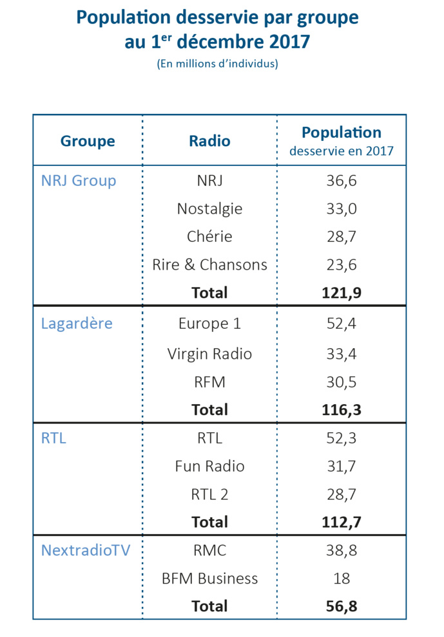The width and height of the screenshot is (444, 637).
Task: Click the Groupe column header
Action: pyautogui.click(x=88, y=141)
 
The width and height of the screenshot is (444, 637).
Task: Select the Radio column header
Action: pyautogui.click(x=209, y=141)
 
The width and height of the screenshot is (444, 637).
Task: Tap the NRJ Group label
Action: pyautogui.click(x=79, y=181)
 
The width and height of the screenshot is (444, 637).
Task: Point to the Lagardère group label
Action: pyautogui.click(x=77, y=324)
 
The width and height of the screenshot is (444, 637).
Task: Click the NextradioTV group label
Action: pyautogui.click(x=86, y=550)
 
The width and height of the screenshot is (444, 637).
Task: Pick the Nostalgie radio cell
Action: pyautogui.click(x=209, y=208)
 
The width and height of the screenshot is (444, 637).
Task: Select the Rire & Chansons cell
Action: pyautogui.click(x=209, y=264)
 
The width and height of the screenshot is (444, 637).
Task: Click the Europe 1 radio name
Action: pyautogui.click(x=209, y=324)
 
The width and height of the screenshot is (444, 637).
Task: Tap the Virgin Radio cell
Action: pyautogui.click(x=209, y=354)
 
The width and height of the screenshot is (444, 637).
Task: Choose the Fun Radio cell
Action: pyautogui.click(x=209, y=466)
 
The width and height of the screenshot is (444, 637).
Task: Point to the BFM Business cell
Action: pyautogui.click(x=209, y=578)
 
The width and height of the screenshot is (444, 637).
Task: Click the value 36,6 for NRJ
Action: pyautogui.click(x=342, y=181)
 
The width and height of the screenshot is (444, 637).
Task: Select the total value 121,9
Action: pyautogui.click(x=342, y=293)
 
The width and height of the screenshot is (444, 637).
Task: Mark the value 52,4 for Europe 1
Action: pyautogui.click(x=342, y=324)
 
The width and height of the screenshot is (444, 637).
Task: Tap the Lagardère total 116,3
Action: pyautogui.click(x=342, y=410)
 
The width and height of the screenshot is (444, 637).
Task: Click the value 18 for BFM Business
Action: pyautogui.click(x=342, y=578)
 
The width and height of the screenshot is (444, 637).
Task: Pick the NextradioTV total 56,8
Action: pyautogui.click(x=342, y=606)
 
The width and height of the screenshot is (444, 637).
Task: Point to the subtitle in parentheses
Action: pyautogui.click(x=217, y=64)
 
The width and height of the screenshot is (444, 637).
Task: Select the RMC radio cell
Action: pyautogui.click(x=209, y=550)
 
